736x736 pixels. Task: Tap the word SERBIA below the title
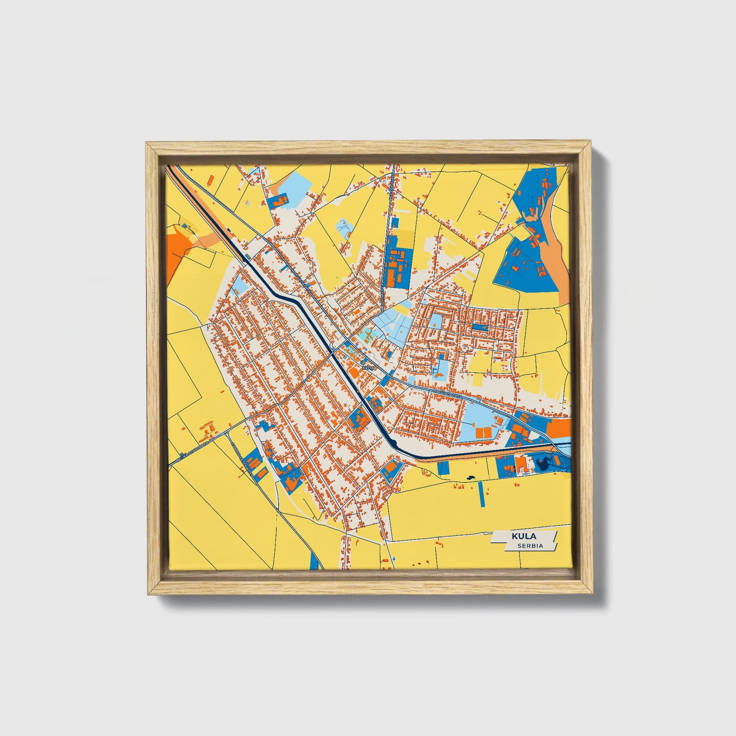coord(530,546)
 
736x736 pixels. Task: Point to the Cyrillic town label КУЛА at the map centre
coord(367,367)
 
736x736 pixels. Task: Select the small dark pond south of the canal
coord(469,478)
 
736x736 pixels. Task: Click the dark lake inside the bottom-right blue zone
coord(541,463)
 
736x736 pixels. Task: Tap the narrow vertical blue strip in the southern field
coord(481,494)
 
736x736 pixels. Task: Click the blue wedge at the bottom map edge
coord(315,561)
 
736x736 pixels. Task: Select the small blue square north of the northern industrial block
coord(394,222)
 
